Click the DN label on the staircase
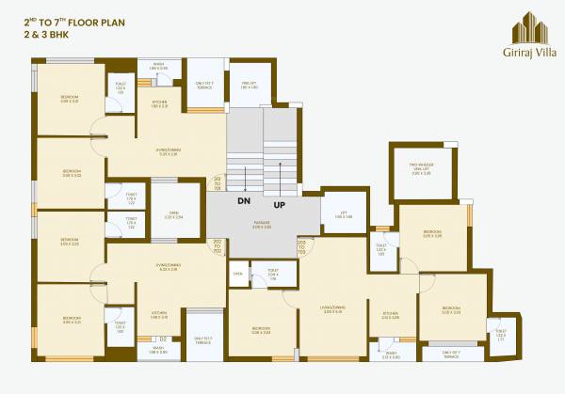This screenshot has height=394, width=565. coord(243,201)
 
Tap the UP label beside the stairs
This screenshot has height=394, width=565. coord(279,203)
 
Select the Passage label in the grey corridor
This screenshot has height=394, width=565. coord(262,225)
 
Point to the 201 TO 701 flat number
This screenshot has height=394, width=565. coord(218,183)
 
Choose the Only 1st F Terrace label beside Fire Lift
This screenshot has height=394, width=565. coord(203,86)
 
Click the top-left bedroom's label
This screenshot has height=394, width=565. coord(70,99)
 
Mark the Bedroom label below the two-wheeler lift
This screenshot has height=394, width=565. coord(432,233)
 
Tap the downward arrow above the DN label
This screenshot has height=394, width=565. coord(245,180)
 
